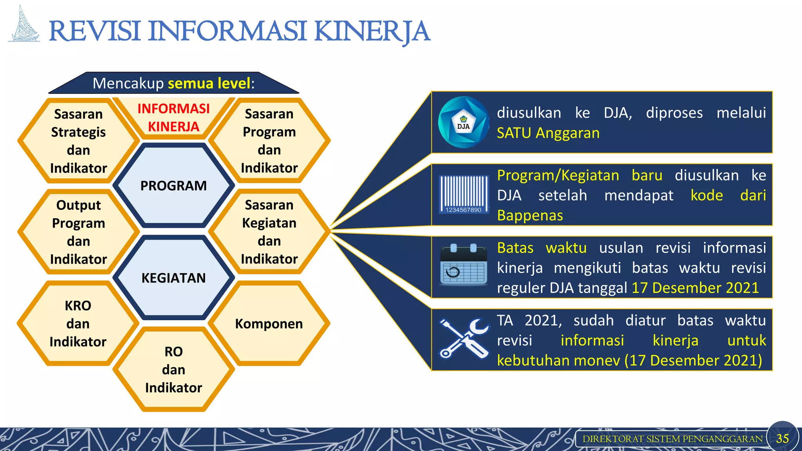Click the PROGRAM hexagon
coord(173,186)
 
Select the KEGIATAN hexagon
coord(173,278)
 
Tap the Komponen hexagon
coord(269,324)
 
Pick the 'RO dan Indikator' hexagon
coord(173,370)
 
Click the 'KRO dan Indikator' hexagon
coord(78,324)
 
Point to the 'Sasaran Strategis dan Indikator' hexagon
coord(78,141)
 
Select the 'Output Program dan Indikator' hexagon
coord(78,232)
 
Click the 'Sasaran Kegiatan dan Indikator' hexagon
coord(269,232)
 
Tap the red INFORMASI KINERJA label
coord(173,117)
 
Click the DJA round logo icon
coord(463,123)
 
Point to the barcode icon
coord(464,194)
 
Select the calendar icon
coord(464,265)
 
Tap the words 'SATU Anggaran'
coord(548,133)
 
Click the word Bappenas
coord(529,216)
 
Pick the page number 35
coord(782,438)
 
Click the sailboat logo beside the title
coord(24,25)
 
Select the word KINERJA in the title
coord(372,31)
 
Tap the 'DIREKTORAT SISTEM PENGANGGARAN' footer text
coord(672,439)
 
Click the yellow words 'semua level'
coord(209,83)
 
